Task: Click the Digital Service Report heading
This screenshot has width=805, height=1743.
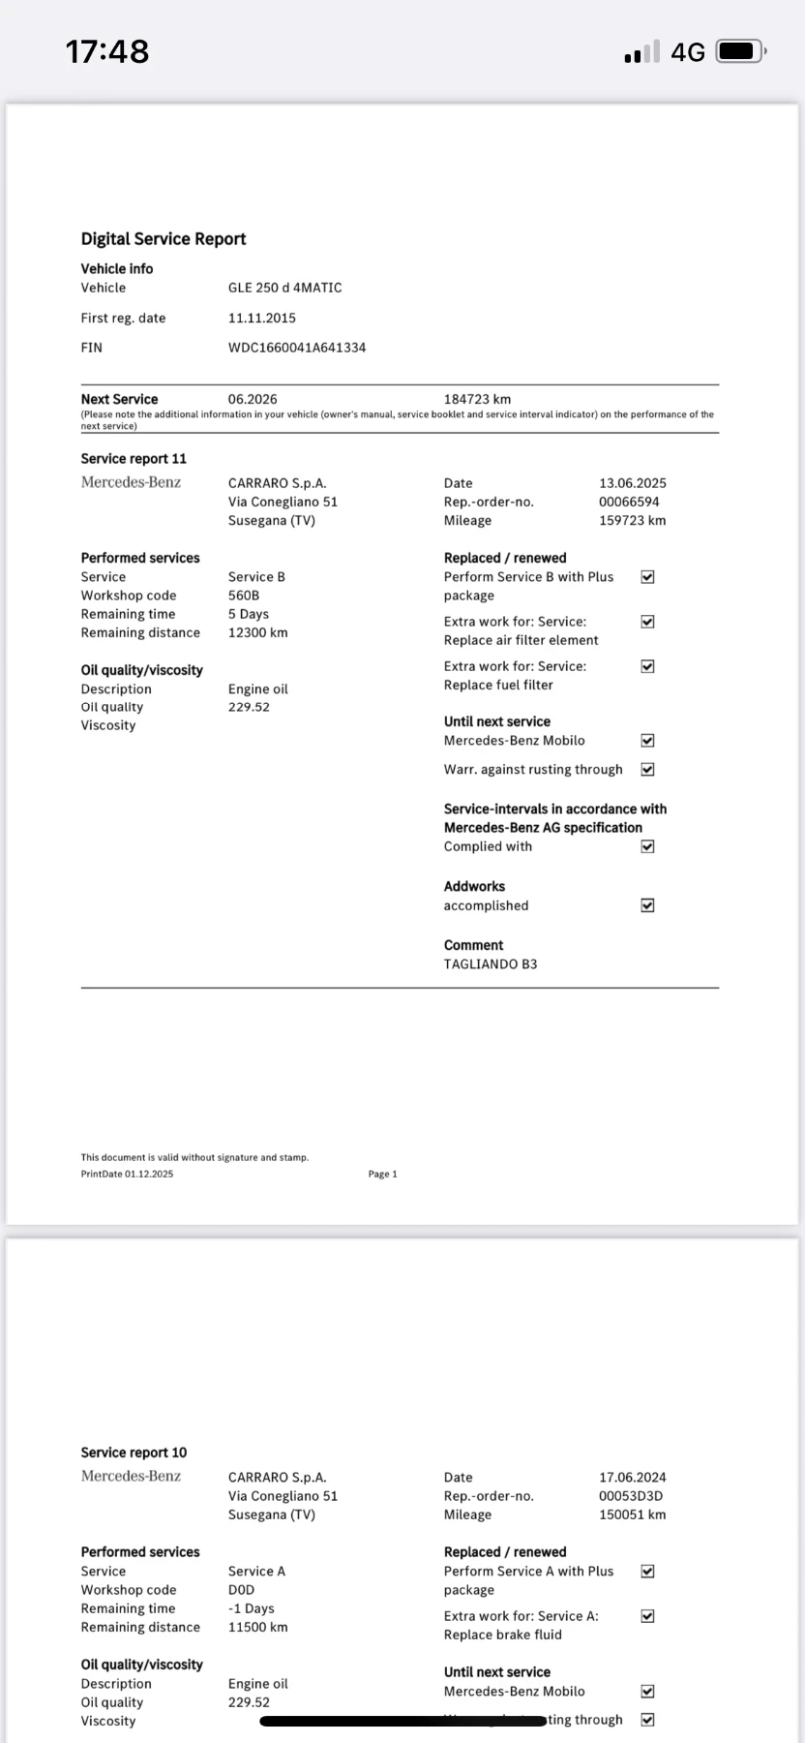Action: point(164,239)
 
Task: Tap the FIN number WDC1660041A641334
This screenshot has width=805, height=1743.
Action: point(297,348)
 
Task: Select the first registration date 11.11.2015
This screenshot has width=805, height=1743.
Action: point(262,318)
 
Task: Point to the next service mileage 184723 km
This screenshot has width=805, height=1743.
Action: point(477,399)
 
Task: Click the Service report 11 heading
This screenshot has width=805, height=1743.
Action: point(134,459)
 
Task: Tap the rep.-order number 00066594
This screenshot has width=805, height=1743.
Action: point(629,502)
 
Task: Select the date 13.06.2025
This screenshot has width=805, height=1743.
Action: point(633,483)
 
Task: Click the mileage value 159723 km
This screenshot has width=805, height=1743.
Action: point(633,520)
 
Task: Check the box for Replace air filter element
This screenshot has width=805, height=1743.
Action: point(648,622)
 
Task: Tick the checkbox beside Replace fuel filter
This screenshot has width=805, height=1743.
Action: point(648,666)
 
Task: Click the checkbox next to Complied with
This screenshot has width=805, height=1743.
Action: point(648,846)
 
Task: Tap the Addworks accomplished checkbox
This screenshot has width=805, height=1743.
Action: point(648,905)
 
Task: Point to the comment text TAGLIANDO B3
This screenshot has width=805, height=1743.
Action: point(491,964)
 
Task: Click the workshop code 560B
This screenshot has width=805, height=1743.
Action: point(244,596)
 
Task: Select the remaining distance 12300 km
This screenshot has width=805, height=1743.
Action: point(258,632)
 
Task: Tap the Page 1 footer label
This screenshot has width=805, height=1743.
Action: point(383,1175)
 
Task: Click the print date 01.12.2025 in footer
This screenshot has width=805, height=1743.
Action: point(149,1175)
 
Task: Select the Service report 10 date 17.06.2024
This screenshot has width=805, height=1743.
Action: point(633,1478)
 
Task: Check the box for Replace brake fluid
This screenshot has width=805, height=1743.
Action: point(648,1616)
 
